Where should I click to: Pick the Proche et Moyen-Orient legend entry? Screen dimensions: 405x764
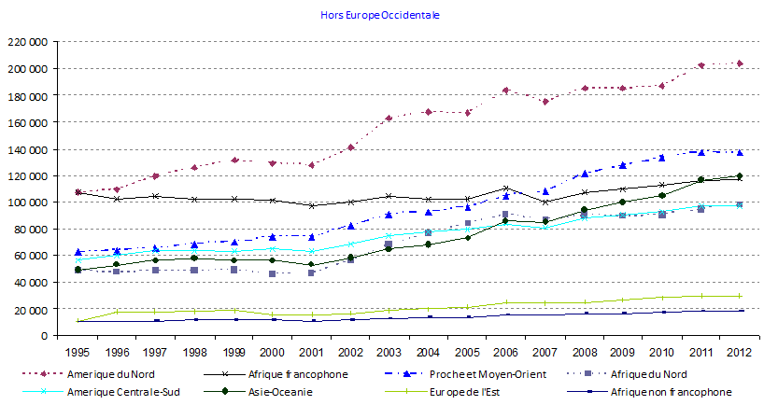tap(495, 374)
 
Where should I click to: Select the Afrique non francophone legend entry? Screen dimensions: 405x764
tap(679, 392)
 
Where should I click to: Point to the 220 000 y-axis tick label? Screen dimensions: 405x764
tap(28, 42)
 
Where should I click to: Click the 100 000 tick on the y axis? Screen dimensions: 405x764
tap(28, 202)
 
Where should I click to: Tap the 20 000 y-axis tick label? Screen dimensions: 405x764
tap(31, 309)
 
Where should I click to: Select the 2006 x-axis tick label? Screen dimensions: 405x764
tap(505, 353)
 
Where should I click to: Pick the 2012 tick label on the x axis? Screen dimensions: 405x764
tap(738, 353)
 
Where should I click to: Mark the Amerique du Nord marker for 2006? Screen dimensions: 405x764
tap(505, 91)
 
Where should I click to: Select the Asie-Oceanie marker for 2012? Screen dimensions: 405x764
tap(739, 175)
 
